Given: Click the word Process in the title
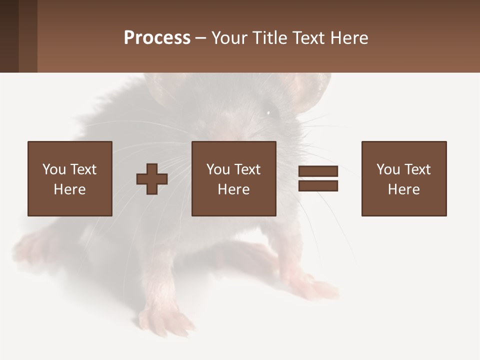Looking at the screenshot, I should tap(157, 38).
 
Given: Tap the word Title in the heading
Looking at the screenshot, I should tap(270, 38).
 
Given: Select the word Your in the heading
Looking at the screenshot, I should tap(230, 38).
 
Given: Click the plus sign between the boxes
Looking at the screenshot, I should tap(152, 179).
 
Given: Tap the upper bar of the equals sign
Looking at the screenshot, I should tap(318, 171).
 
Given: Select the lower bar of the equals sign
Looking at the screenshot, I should tap(318, 185).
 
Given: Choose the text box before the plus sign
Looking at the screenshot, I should tap(70, 178).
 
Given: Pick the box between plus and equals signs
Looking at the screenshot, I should tap(234, 178).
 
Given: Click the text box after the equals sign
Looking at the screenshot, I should tap(404, 178).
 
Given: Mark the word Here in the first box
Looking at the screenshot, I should tap(70, 189).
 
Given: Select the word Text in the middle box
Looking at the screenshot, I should tap(247, 169).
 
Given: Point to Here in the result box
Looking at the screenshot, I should tap(404, 189).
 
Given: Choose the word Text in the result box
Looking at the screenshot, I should tap(417, 169).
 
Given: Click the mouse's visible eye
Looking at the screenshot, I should tap(268, 112).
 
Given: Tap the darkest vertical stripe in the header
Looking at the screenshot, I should tap(9, 36).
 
